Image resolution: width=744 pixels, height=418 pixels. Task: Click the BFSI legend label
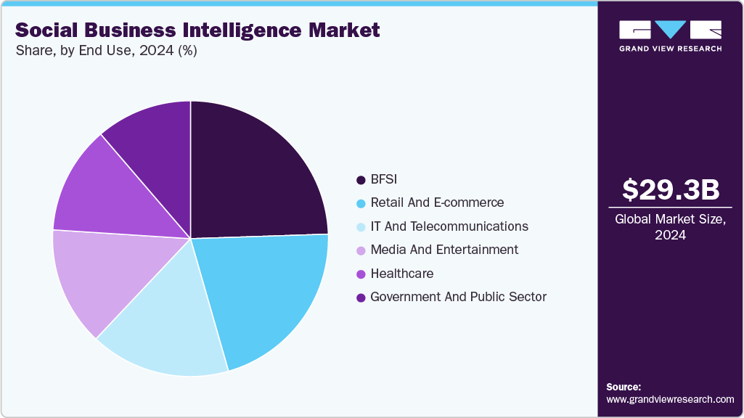[x=384, y=179]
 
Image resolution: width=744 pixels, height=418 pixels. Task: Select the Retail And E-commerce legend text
[x=436, y=202]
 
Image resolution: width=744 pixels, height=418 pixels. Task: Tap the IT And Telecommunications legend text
[x=449, y=226]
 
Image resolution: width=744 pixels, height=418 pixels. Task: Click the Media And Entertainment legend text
[x=443, y=250]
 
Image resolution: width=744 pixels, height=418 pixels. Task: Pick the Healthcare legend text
[x=401, y=274]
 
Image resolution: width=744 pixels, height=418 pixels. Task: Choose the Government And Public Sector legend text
[x=458, y=297]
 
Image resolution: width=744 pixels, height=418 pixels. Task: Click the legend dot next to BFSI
[x=361, y=180]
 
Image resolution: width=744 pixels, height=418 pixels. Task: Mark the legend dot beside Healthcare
[x=361, y=274]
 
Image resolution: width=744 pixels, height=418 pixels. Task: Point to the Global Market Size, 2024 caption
[x=671, y=227]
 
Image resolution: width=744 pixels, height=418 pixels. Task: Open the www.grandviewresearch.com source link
[x=670, y=399]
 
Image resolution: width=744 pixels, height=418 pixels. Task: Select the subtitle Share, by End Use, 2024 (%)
[x=106, y=51]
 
